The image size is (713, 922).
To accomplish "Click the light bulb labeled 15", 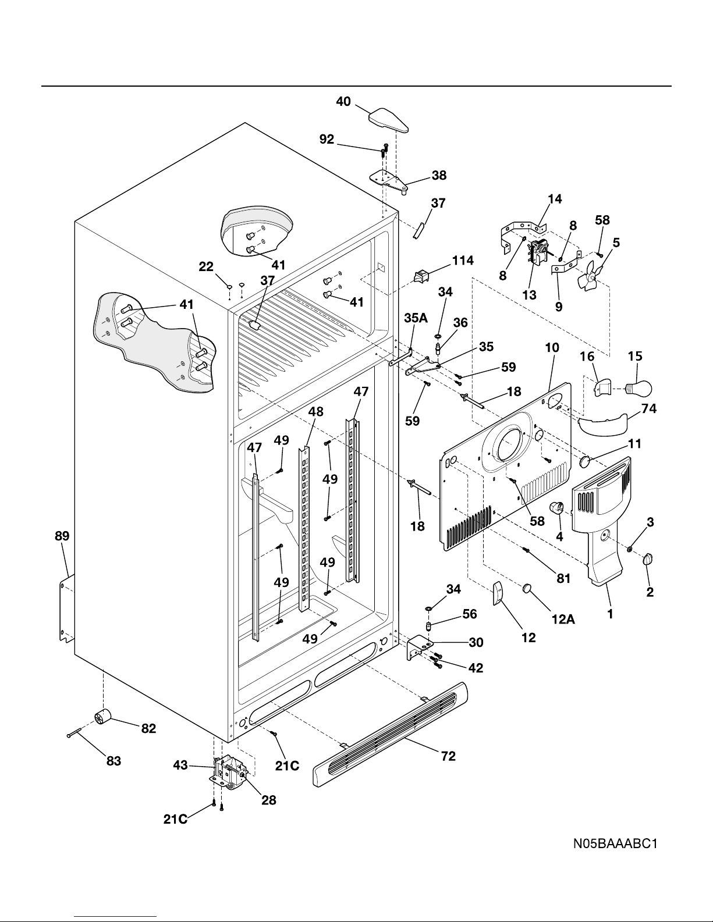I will click(638, 387).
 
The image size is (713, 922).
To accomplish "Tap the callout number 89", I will click(62, 536).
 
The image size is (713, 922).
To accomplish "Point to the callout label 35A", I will click(416, 319).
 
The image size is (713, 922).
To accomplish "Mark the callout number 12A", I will click(563, 620).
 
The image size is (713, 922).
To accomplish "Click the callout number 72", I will click(448, 756).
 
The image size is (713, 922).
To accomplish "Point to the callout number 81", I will click(563, 578).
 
